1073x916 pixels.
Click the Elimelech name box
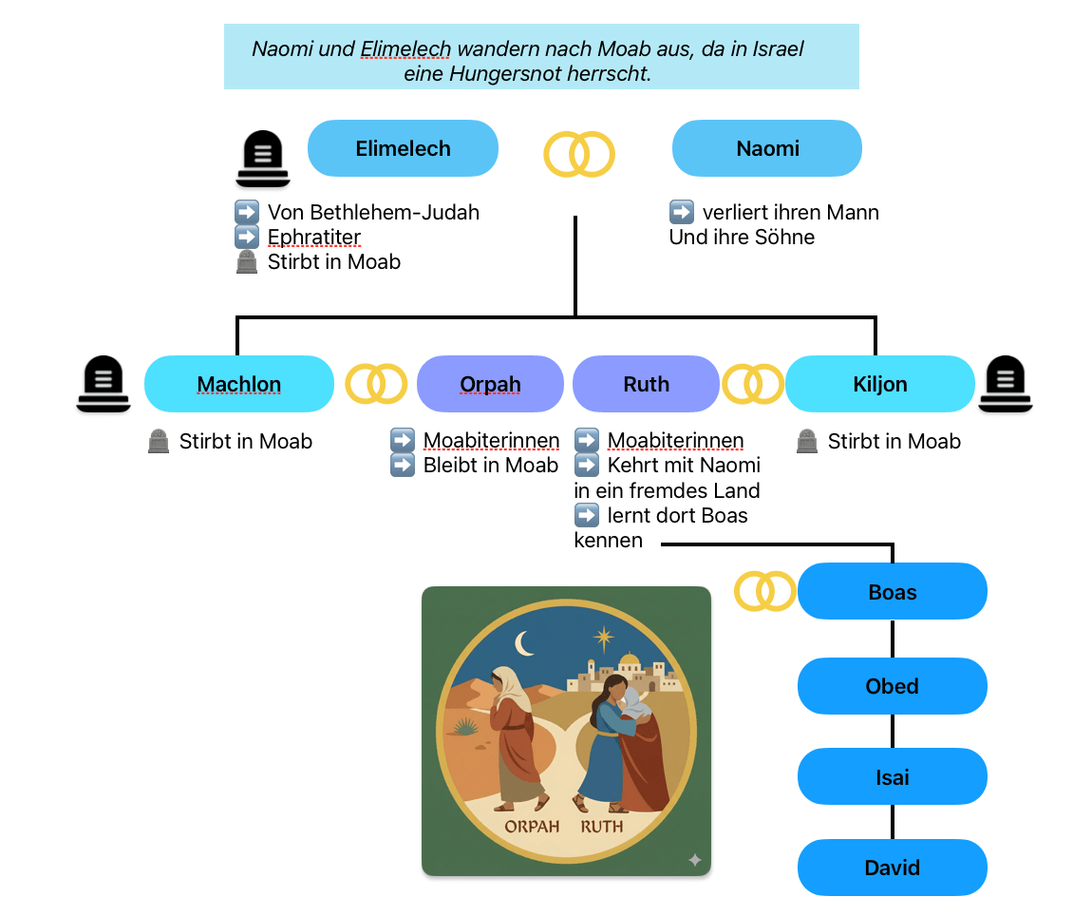(403, 148)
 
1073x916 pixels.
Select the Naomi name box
(767, 148)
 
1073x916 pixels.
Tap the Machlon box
(239, 384)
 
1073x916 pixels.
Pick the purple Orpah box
(490, 384)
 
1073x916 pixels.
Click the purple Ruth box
(646, 384)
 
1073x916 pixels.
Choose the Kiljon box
(879, 384)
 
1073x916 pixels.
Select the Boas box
(893, 592)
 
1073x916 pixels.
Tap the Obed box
(893, 686)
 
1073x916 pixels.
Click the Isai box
(893, 777)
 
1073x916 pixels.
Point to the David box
(893, 868)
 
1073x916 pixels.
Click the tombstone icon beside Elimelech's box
(262, 158)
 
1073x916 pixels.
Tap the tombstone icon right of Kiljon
(1005, 384)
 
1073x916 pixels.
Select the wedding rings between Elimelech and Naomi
(579, 154)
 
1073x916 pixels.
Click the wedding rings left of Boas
(765, 592)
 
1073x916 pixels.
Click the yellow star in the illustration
(603, 638)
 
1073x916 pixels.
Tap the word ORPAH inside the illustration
(532, 826)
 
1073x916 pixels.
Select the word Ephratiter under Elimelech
(314, 237)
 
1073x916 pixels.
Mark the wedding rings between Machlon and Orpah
(376, 384)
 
